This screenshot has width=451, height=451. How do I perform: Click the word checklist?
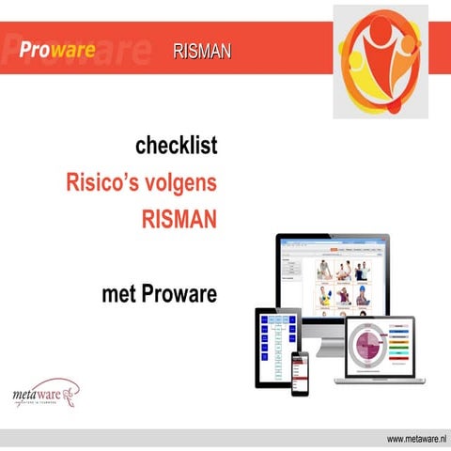(177, 147)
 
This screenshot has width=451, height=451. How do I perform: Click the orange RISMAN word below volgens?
(179, 219)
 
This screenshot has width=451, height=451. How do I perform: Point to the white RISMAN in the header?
(201, 50)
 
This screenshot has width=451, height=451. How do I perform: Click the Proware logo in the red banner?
(58, 49)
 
